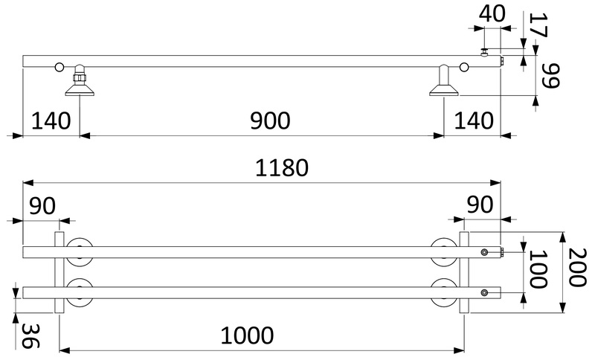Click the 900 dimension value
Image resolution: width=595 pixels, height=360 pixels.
[270, 120]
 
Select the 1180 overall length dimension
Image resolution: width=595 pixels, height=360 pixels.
[282, 167]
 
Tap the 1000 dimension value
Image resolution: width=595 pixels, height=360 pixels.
[247, 335]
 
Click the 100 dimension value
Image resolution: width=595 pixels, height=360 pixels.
[538, 269]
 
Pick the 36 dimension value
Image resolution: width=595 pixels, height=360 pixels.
[30, 336]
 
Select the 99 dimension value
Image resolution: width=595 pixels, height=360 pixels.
[549, 75]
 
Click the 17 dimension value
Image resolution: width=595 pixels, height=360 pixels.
[538, 25]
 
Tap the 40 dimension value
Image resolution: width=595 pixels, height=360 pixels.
[492, 13]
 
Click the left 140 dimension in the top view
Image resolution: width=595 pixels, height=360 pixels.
[51, 120]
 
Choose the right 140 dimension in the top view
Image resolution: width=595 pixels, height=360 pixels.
[474, 120]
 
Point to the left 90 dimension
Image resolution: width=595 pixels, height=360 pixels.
[42, 205]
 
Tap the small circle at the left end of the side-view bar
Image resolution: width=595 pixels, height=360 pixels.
[59, 67]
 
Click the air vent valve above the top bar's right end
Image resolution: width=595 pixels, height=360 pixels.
[485, 52]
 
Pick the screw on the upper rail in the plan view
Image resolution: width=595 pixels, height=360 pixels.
[484, 252]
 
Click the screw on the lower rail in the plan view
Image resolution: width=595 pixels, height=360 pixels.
[484, 292]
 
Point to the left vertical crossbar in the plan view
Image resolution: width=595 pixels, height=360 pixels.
[59, 272]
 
